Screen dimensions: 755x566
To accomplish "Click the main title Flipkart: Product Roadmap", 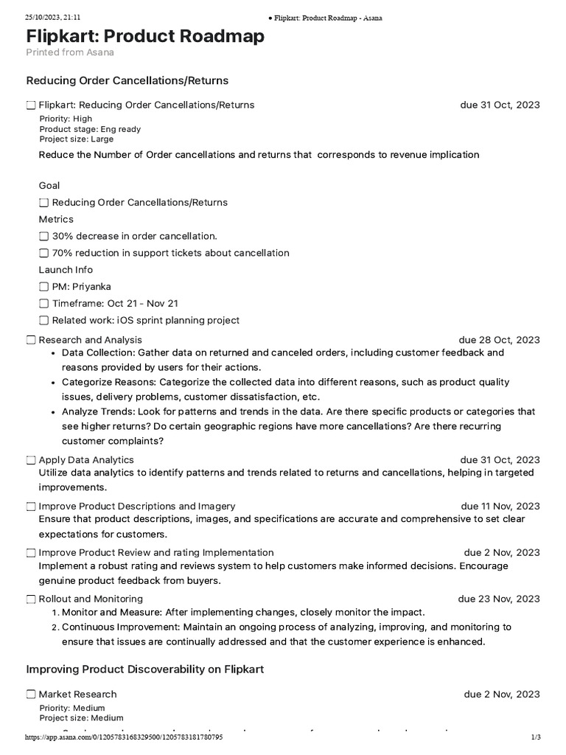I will click(x=145, y=36).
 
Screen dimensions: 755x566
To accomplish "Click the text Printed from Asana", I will click(x=70, y=52).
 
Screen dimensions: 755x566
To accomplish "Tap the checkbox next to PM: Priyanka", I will click(x=44, y=287).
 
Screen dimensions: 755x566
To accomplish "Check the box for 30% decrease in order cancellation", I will click(x=44, y=236).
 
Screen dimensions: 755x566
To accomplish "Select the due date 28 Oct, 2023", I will click(x=499, y=340).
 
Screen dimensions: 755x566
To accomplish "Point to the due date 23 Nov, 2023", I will click(x=499, y=599).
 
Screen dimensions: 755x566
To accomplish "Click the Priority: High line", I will click(x=66, y=119).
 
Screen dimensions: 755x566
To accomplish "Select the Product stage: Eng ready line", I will click(x=90, y=129).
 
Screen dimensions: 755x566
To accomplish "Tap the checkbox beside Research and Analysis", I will click(x=31, y=340).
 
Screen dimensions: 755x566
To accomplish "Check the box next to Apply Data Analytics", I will click(x=31, y=460).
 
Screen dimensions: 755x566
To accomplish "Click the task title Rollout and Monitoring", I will click(x=91, y=599).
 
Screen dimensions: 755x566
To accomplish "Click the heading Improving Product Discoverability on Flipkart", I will click(x=145, y=669).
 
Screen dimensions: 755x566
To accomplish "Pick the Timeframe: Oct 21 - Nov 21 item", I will click(x=115, y=304).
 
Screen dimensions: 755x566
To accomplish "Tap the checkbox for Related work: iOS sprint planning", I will click(x=44, y=321).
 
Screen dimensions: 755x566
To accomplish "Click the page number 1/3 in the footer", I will click(x=536, y=737).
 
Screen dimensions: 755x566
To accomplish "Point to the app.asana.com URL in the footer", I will click(x=124, y=737).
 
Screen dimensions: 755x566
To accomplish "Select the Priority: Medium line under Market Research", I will click(x=71, y=708).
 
